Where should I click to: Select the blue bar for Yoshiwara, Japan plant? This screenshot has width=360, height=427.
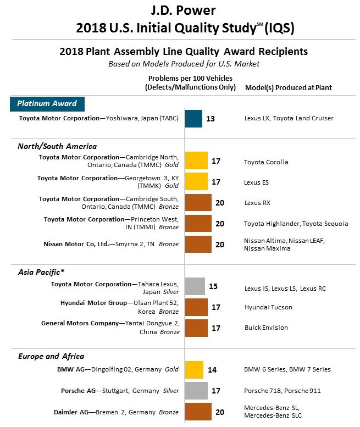point(193,118)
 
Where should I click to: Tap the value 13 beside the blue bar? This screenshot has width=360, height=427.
point(211,118)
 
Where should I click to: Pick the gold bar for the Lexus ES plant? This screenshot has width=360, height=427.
point(196,181)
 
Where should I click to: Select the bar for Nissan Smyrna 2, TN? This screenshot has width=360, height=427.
point(198,244)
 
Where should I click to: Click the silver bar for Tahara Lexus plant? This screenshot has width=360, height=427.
point(195,286)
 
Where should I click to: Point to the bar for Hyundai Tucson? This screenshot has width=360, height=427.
point(196,307)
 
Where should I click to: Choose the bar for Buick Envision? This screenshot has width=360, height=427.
point(196,328)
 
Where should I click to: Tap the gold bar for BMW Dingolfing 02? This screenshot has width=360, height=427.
point(194,369)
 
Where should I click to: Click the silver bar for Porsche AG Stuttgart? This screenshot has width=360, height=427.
point(196,390)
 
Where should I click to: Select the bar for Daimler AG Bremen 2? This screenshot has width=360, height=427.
point(198,411)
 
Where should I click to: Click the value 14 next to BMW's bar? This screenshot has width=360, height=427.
point(212,370)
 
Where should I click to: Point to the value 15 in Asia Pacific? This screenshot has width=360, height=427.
point(213,286)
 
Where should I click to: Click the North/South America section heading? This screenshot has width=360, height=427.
point(57,146)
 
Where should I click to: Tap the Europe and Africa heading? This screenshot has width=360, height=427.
point(51,356)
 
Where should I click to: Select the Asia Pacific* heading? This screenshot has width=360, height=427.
point(41,272)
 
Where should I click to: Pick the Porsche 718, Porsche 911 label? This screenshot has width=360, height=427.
point(281,391)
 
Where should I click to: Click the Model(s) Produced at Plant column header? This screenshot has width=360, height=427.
point(288,87)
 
